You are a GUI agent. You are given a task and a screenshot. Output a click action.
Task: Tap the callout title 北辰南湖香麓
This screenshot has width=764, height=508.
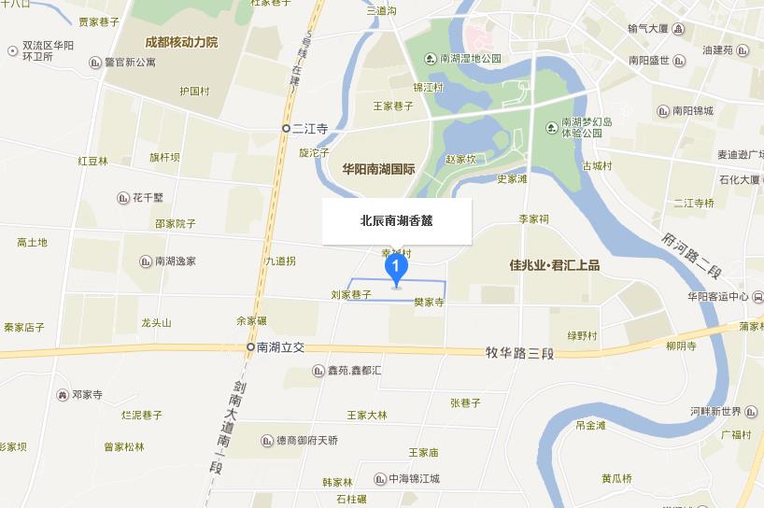pyautogui.click(x=397, y=221)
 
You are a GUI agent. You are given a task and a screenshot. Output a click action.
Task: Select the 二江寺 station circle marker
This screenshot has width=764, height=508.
pyautogui.click(x=287, y=128)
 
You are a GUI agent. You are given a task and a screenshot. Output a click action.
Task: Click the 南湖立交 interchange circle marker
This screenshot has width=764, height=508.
pyautogui.click(x=250, y=346)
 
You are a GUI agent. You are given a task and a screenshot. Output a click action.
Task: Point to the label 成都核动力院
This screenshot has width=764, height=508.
pyautogui.click(x=181, y=42)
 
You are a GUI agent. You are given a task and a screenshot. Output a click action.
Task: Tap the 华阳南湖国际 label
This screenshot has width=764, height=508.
pyautogui.click(x=378, y=169)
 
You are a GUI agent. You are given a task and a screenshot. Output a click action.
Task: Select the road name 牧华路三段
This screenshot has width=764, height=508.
pyautogui.click(x=520, y=353)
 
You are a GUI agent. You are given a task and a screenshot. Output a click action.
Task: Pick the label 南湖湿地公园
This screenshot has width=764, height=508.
pyautogui.click(x=471, y=58)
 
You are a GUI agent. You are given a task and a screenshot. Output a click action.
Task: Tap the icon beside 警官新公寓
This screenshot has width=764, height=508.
pyautogui.click(x=95, y=63)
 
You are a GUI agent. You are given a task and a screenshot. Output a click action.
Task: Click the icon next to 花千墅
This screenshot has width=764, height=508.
pyautogui.click(x=123, y=197)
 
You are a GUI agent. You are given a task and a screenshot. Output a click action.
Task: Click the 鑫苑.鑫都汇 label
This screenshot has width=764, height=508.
pyautogui.click(x=354, y=371)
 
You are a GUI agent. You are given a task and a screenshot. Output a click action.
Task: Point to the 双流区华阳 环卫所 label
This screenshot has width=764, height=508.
pyautogui.click(x=49, y=50)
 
